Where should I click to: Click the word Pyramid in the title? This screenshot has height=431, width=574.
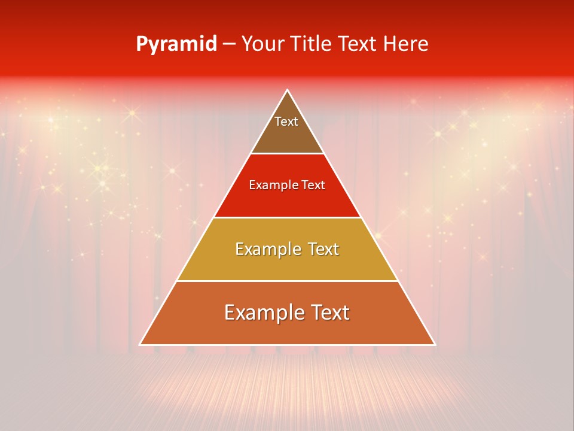tap(176, 44)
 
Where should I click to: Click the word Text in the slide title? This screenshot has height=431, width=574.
tap(359, 44)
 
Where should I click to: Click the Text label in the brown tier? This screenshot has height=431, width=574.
tap(286, 122)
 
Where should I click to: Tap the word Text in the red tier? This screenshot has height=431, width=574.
tap(313, 185)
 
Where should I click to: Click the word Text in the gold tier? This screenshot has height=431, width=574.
tap(323, 249)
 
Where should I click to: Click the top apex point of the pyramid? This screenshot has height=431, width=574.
tap(288, 90)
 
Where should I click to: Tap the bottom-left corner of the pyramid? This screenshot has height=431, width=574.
tap(141, 344)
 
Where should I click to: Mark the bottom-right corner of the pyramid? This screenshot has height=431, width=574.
tap(435, 344)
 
